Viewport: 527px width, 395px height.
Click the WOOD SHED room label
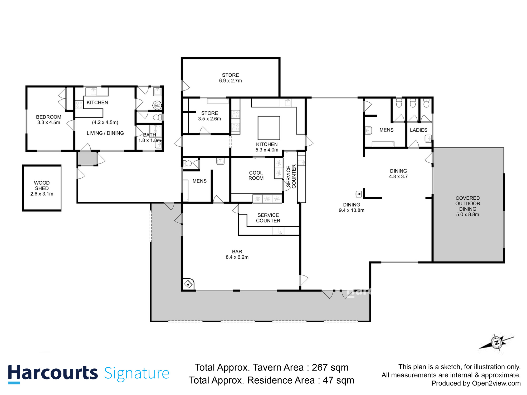pos(42,188)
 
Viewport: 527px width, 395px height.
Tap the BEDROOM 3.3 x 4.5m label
pos(49,120)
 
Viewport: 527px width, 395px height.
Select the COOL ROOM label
pos(256,175)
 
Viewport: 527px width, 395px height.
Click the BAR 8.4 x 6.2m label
pos(237,254)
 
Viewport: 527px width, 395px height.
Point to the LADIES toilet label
pos(418,130)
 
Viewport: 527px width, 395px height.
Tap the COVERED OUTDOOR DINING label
pos(468,206)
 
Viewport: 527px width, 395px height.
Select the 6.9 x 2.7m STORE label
pos(230,78)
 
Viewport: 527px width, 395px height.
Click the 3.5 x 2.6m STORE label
pos(209,116)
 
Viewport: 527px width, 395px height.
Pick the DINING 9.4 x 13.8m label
pos(352,207)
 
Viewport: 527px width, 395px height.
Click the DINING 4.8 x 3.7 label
pos(398,174)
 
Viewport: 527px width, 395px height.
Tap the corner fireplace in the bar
pos(188,284)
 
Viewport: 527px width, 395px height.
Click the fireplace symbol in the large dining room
pos(358,194)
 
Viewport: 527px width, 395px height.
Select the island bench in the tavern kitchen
pos(269,128)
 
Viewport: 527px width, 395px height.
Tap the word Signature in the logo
pos(136,373)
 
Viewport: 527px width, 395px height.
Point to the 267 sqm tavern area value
pos(330,367)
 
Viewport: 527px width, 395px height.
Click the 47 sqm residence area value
pos(338,380)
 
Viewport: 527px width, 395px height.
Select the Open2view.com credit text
pos(496,383)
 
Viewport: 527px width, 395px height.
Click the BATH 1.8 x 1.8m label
pos(149,137)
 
